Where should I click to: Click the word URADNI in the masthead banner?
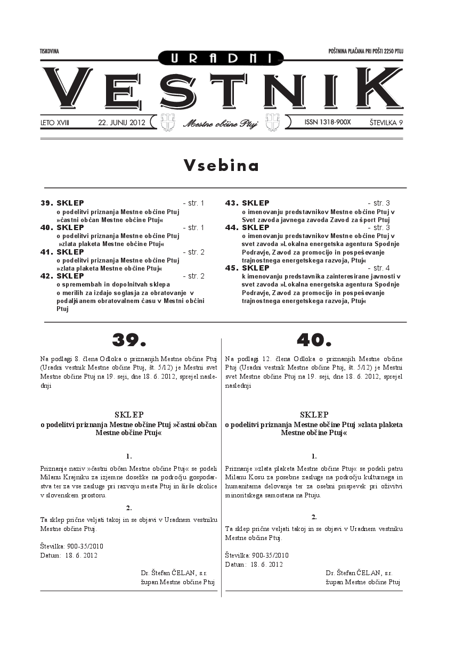pyautogui.click(x=221, y=58)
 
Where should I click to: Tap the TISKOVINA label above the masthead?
pyautogui.click(x=50, y=51)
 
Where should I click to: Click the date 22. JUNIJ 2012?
pyautogui.click(x=121, y=122)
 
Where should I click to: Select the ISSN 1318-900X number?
pyautogui.click(x=328, y=122)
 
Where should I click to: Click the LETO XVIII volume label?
pyautogui.click(x=55, y=122)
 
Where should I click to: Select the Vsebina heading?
pyautogui.click(x=222, y=166)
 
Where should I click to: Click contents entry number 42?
pyautogui.click(x=46, y=276)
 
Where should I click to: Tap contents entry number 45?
pyautogui.click(x=231, y=268)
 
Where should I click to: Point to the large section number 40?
pyautogui.click(x=314, y=339)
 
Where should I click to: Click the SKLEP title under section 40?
pyautogui.click(x=314, y=414)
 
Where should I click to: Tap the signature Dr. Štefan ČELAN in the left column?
pyautogui.click(x=174, y=573)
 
